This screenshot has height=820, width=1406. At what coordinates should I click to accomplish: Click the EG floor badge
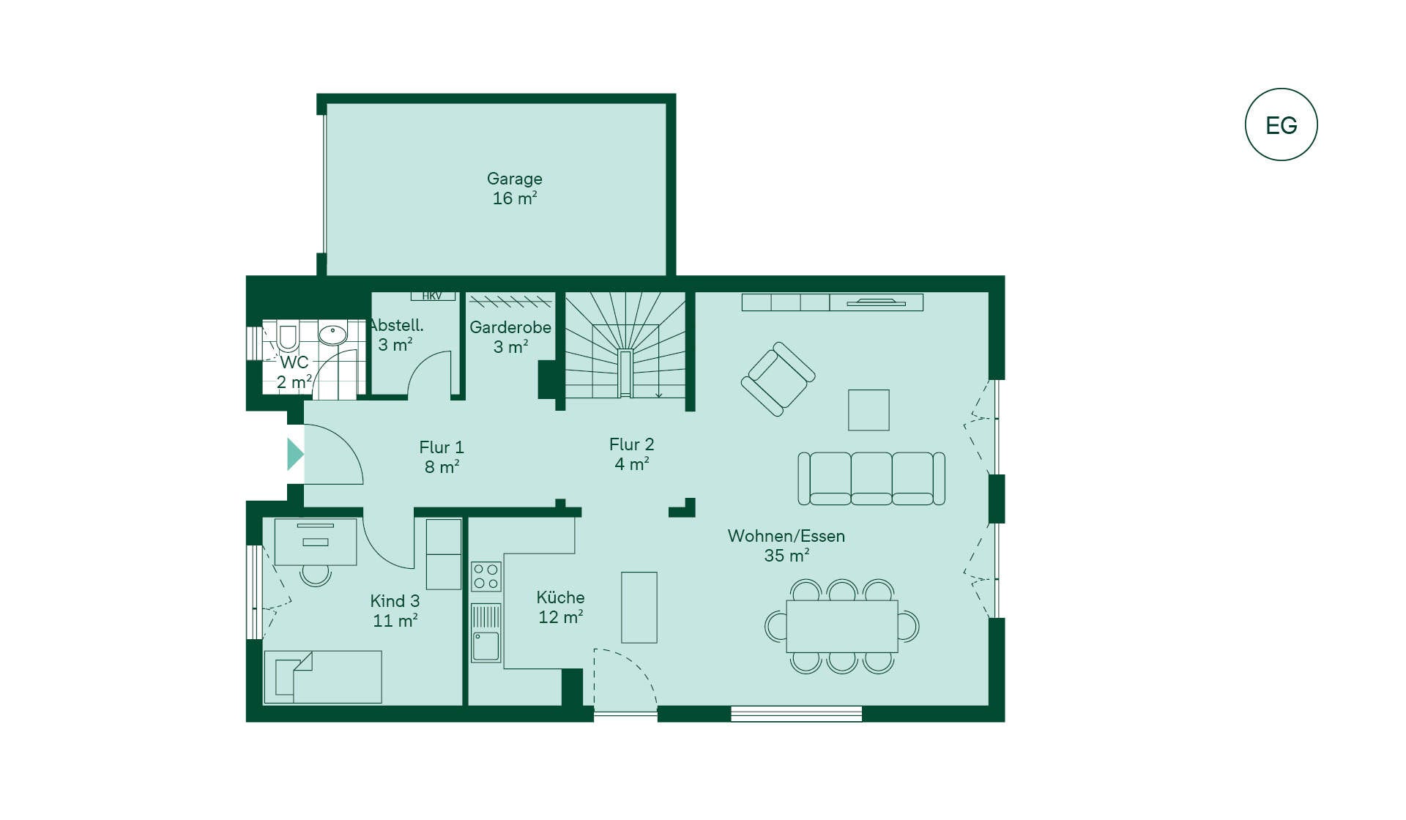tap(1281, 124)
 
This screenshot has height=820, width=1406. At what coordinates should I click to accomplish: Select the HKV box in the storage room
tap(432, 296)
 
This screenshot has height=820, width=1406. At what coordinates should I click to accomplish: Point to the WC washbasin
tap(332, 335)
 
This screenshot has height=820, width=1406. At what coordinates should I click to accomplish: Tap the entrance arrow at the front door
tap(295, 454)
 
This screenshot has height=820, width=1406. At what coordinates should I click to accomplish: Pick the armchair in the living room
tap(778, 379)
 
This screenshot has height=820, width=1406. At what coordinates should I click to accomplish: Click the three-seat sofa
tap(871, 479)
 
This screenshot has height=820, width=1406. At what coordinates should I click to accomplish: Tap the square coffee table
tap(868, 410)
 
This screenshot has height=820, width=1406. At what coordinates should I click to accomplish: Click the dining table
tap(842, 626)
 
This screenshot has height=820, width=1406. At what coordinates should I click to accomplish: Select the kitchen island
tap(639, 608)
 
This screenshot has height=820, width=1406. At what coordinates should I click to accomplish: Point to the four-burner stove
tap(486, 576)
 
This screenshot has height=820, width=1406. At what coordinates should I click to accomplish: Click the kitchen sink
tap(486, 633)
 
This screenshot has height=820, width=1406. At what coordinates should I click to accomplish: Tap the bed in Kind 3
tap(323, 677)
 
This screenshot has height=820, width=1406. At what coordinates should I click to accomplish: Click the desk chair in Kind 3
tap(316, 575)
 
